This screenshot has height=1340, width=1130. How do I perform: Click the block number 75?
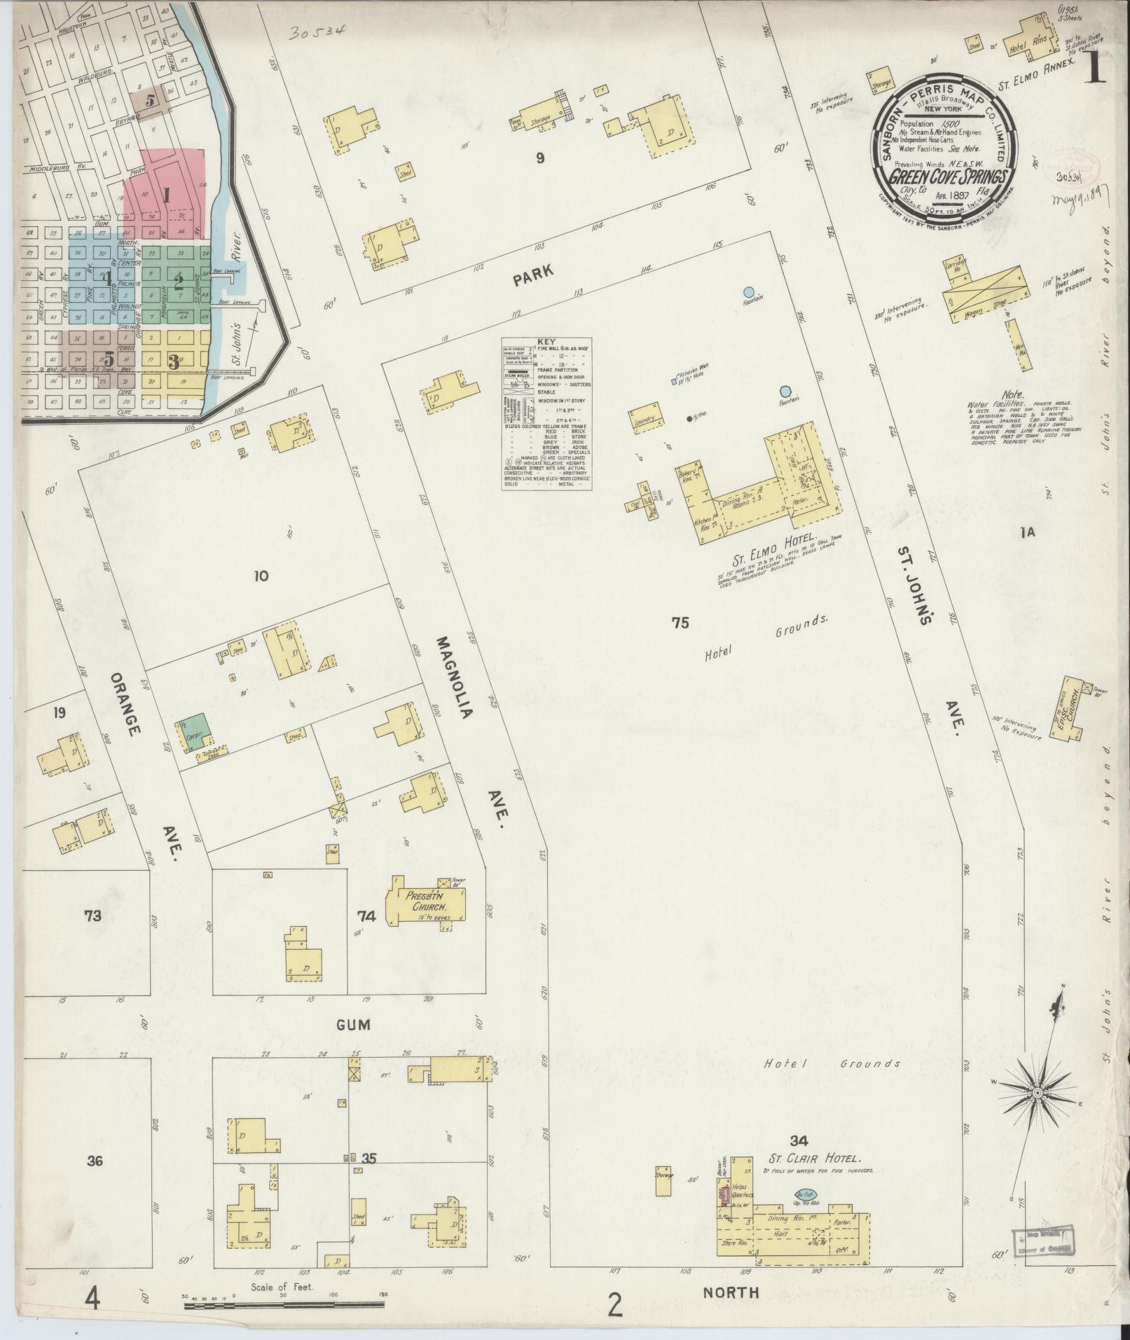click(x=680, y=622)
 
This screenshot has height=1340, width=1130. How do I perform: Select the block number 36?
click(x=95, y=1161)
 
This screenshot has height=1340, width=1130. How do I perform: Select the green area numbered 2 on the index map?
click(x=178, y=283)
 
